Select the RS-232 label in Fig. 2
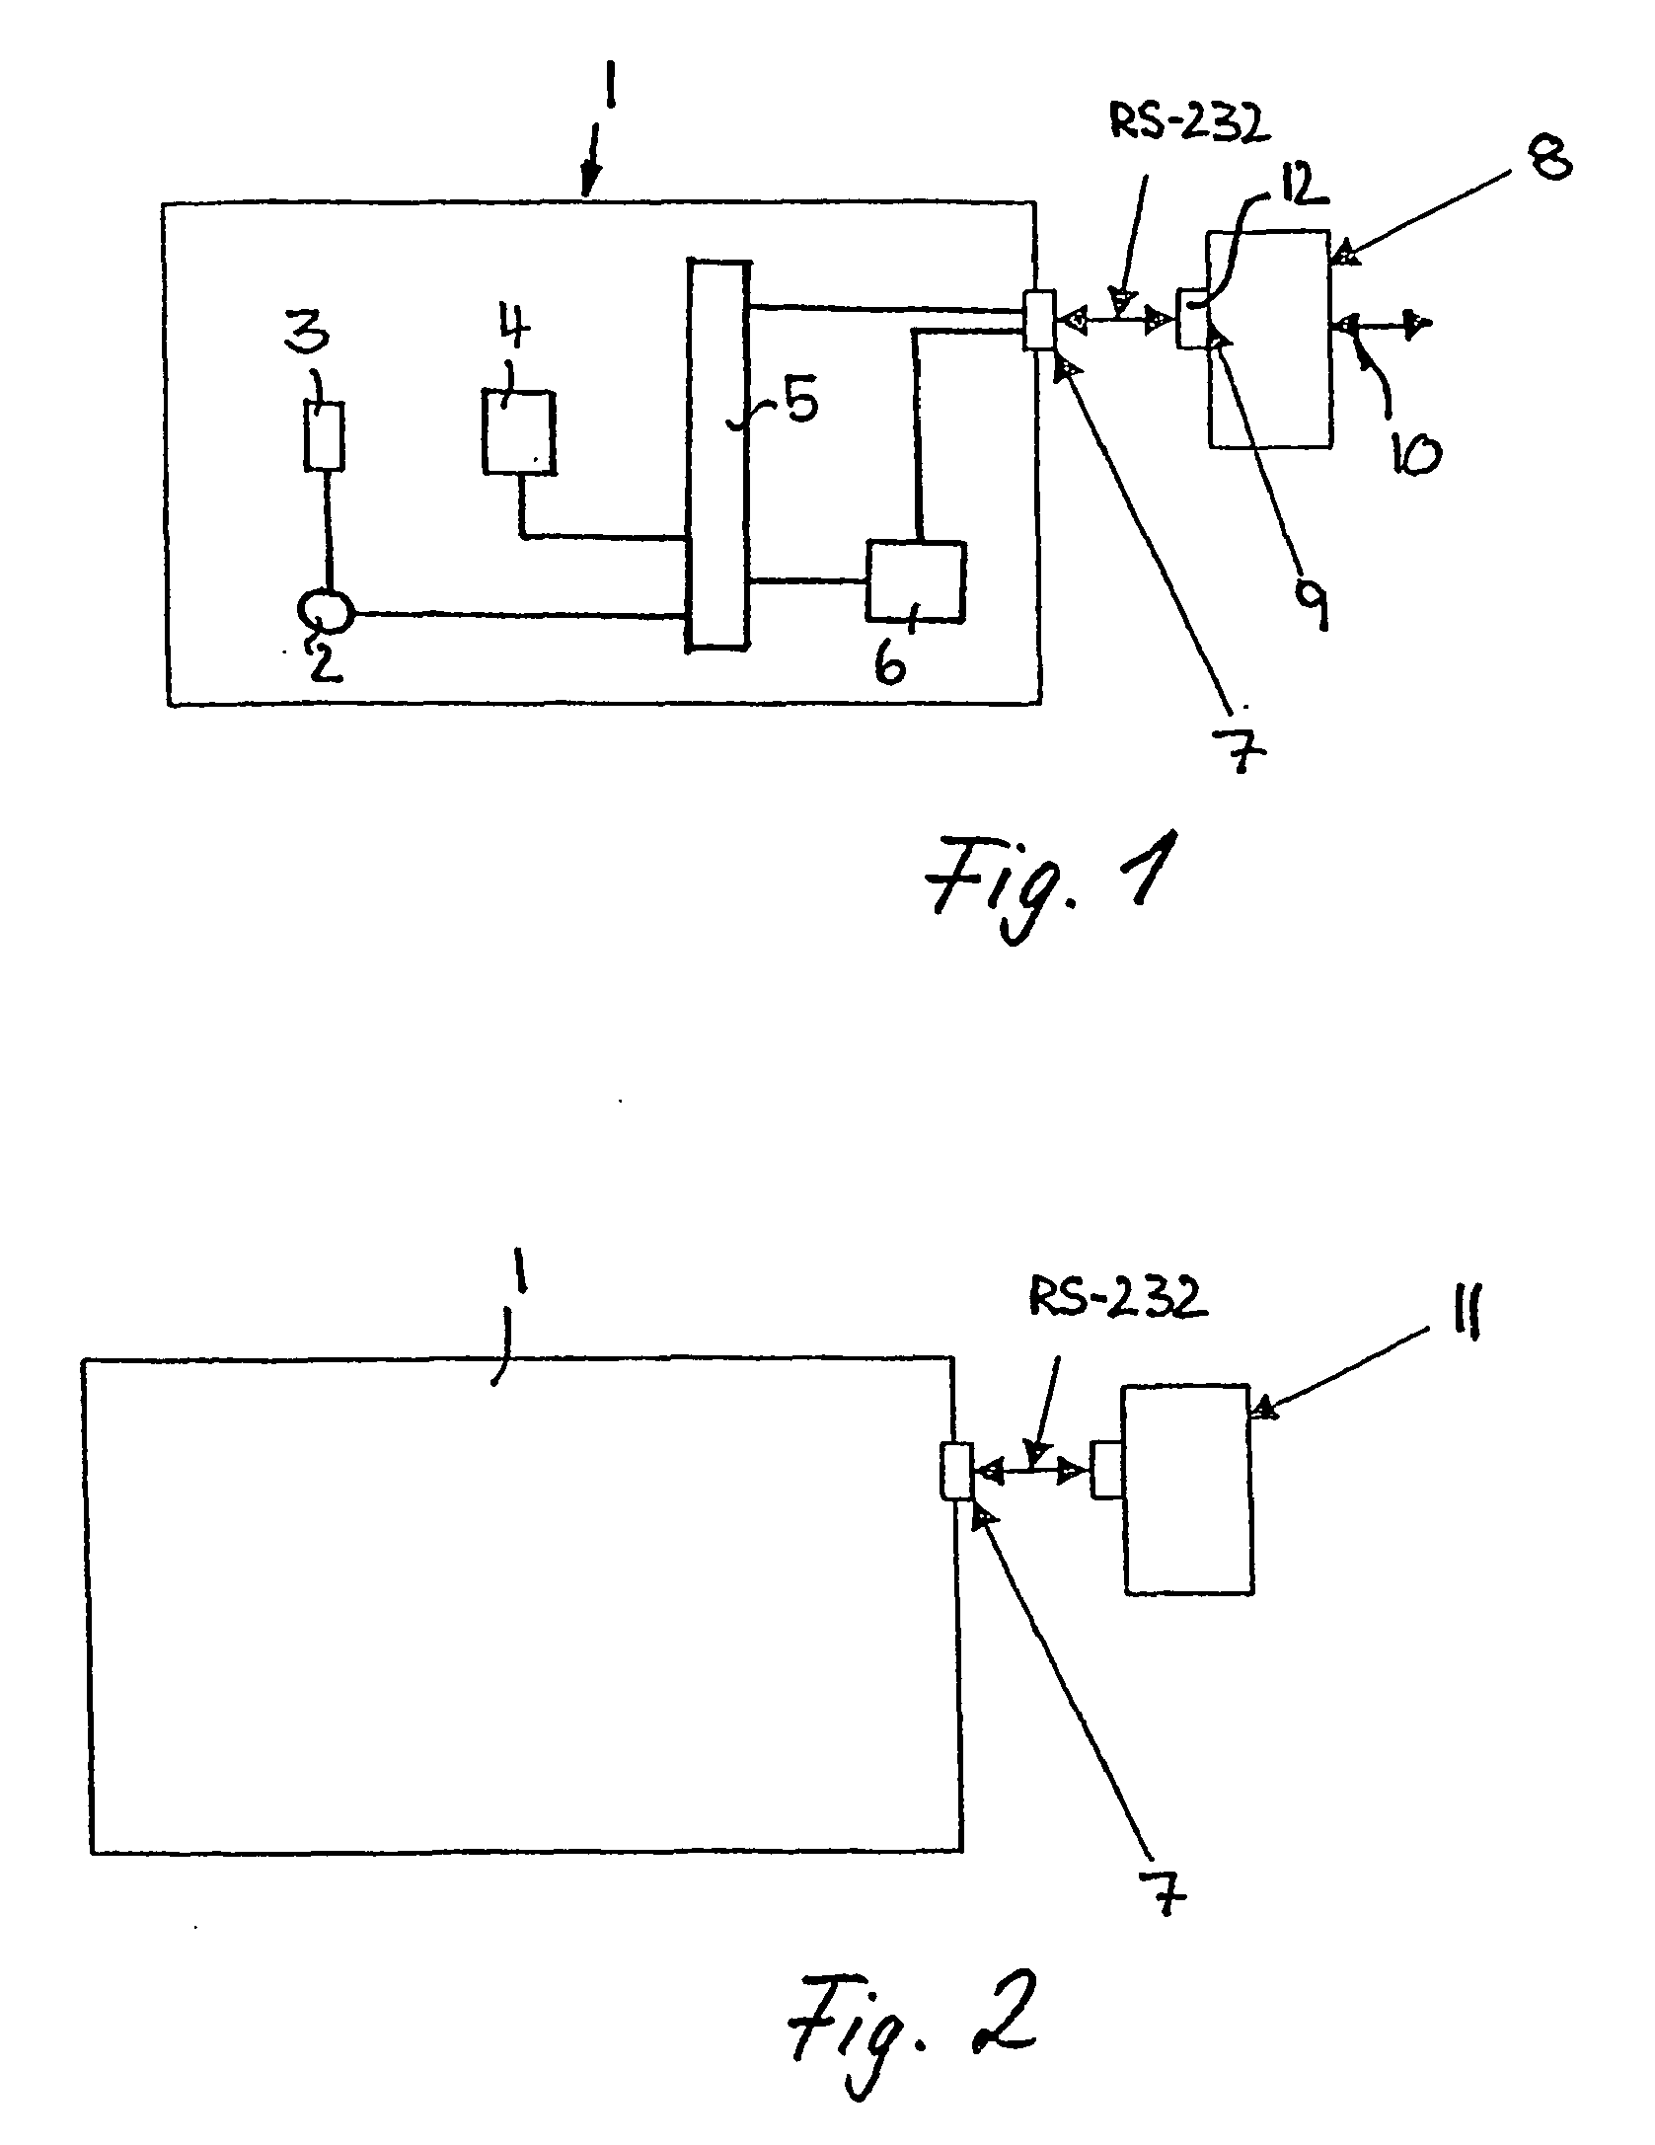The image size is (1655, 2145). click(x=1117, y=1299)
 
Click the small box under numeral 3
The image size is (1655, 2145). click(x=326, y=435)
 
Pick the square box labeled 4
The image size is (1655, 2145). click(x=518, y=431)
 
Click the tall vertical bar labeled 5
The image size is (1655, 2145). click(x=717, y=454)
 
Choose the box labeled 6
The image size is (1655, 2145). click(x=915, y=580)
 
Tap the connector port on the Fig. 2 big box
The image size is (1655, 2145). click(x=957, y=1472)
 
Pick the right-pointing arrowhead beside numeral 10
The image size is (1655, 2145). click(x=1419, y=323)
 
